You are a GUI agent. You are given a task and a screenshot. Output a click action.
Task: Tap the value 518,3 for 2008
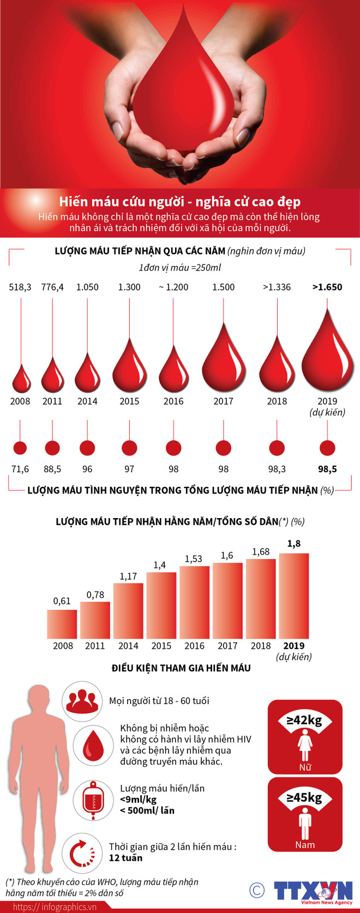pos(20,287)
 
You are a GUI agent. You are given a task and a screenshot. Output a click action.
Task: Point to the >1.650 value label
pos(327,287)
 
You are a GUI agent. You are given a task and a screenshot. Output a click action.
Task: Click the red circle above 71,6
pos(20,448)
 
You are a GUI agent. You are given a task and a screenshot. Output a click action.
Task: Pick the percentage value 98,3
pos(277,469)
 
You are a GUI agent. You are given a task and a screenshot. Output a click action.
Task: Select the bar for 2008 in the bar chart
pos(62,624)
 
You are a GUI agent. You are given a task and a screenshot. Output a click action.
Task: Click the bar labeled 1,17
pos(128,611)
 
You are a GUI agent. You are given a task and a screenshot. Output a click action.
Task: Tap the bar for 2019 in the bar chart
pos(294,596)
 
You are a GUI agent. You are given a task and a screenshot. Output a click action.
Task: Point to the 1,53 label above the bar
pos(194,558)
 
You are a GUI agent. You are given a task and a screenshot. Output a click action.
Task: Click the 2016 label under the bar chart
pos(194,646)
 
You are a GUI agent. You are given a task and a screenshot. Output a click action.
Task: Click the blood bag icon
pos(93,800)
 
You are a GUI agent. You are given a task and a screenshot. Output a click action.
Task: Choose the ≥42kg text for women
pos(305,720)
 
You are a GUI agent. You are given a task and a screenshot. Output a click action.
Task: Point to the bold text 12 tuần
pos(125,858)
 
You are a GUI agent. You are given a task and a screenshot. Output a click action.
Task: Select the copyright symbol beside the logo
pos(256,890)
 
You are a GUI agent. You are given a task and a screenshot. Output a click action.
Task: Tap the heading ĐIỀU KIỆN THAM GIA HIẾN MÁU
pos(181,668)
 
